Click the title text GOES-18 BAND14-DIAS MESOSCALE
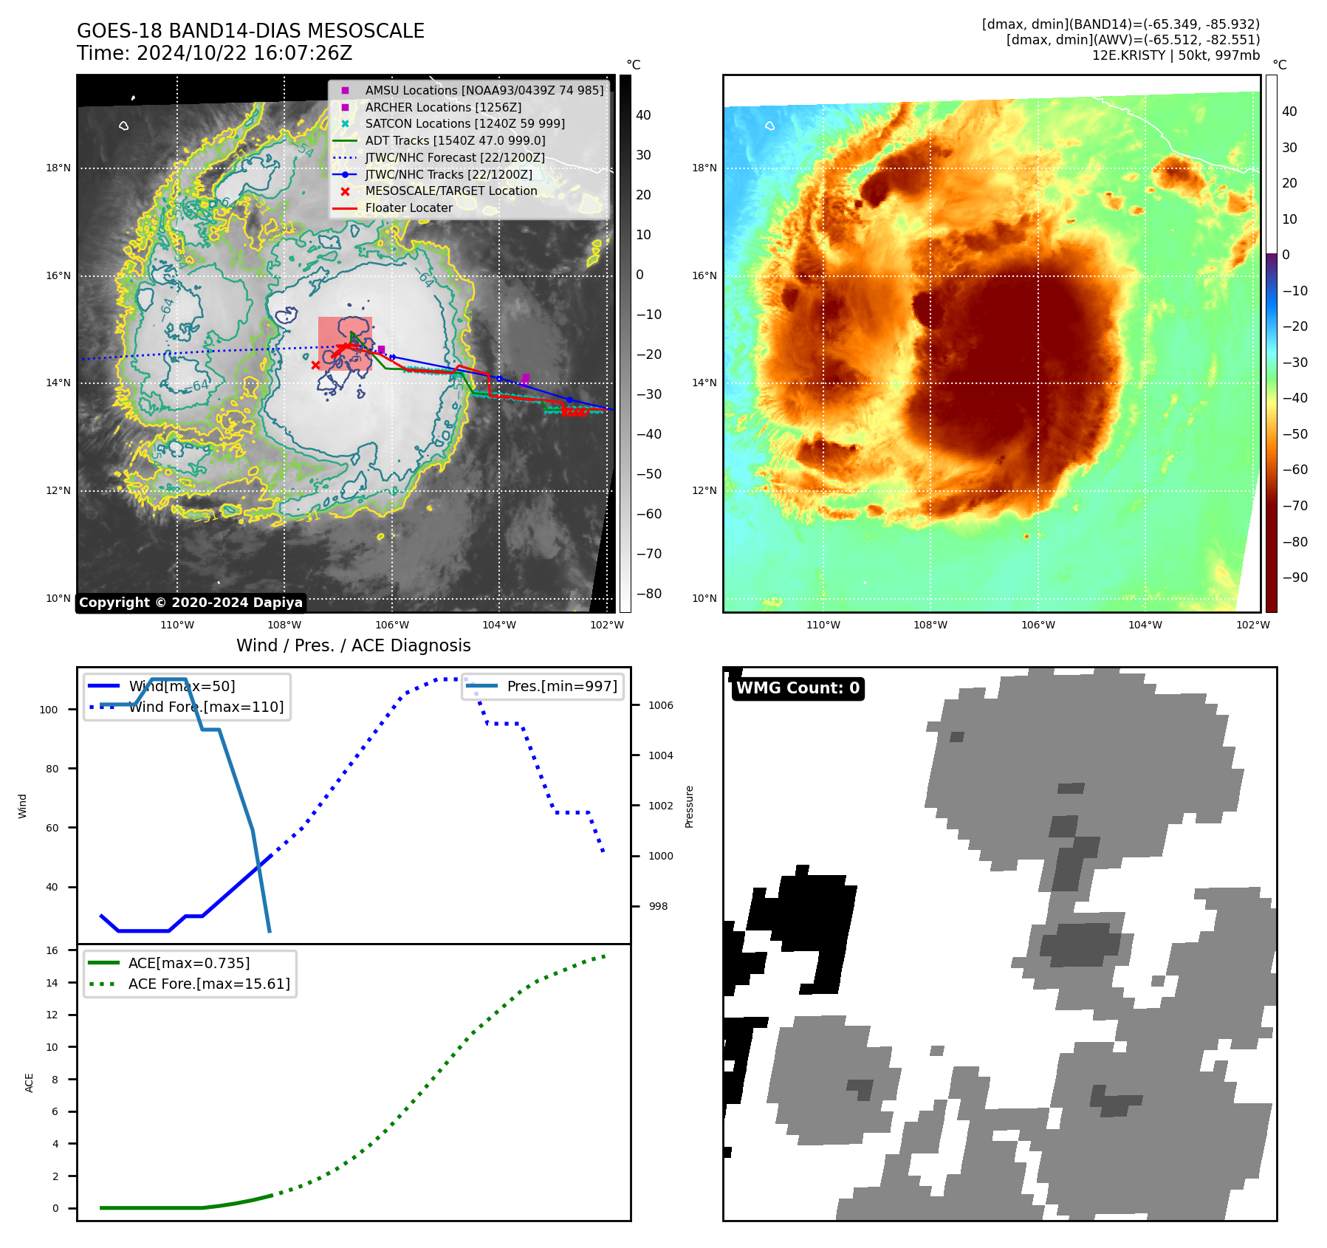(x=250, y=31)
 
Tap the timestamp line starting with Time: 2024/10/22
(x=214, y=53)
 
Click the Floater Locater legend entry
(x=408, y=208)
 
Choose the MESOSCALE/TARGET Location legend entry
(x=450, y=191)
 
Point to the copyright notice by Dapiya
(x=191, y=603)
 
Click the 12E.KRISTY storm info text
(x=1176, y=55)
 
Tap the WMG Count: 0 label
(x=798, y=688)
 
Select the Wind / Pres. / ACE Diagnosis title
(x=353, y=645)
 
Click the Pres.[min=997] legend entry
(x=561, y=686)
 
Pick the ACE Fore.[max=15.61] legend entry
(x=208, y=984)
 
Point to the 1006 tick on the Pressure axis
(x=660, y=705)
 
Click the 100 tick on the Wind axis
(x=49, y=710)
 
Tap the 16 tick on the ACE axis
(x=52, y=950)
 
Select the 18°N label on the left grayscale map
(x=58, y=168)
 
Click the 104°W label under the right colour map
(x=1145, y=625)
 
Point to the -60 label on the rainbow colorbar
(x=1295, y=470)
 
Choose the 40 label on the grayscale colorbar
(x=643, y=115)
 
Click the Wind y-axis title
(x=23, y=806)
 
